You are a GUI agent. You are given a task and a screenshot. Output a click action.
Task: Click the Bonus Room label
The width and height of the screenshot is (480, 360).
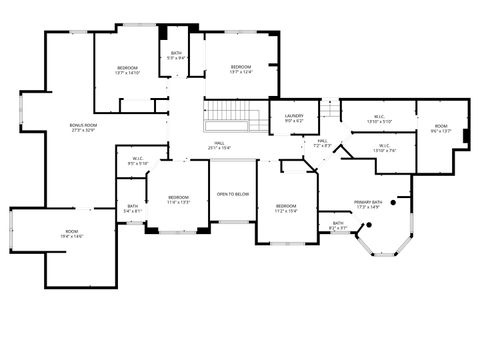83,127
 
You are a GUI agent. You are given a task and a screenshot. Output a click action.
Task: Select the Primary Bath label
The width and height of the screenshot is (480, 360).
368,204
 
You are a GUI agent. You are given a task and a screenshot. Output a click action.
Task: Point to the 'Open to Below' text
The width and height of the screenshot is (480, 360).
234,193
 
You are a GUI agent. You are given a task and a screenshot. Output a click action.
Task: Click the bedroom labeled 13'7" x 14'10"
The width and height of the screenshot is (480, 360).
127,70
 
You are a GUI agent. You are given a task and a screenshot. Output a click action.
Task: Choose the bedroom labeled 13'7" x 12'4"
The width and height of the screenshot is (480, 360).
241,68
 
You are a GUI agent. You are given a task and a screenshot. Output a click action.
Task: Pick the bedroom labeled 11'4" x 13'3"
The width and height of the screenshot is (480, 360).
179,199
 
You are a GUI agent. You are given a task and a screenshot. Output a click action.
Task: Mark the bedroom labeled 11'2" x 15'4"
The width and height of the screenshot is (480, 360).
286,207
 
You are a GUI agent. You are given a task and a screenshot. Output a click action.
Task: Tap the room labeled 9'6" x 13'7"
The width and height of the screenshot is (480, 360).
441,127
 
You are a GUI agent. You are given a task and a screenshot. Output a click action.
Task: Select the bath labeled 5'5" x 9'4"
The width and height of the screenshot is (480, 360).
176,56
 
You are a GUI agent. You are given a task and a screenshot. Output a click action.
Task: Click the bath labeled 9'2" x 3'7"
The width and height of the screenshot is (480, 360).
338,226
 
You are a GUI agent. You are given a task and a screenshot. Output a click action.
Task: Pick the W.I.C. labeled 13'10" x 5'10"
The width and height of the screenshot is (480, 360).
379,119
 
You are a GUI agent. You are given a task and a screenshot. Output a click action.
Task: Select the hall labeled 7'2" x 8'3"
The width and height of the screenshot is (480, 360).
323,143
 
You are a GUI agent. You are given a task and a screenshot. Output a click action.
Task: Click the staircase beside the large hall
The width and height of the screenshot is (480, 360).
233,116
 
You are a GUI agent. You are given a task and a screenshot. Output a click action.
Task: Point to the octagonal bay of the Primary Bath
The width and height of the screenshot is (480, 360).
381,241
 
